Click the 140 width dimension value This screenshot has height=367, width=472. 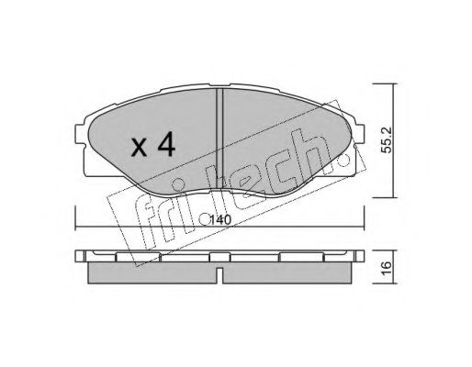[x=220, y=220]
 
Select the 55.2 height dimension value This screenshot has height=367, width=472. [x=388, y=140]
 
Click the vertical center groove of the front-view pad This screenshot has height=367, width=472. [x=219, y=139]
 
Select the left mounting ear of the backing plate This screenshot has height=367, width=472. [x=80, y=134]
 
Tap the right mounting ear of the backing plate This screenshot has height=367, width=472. [x=359, y=135]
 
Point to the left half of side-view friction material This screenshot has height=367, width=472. [x=152, y=272]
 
